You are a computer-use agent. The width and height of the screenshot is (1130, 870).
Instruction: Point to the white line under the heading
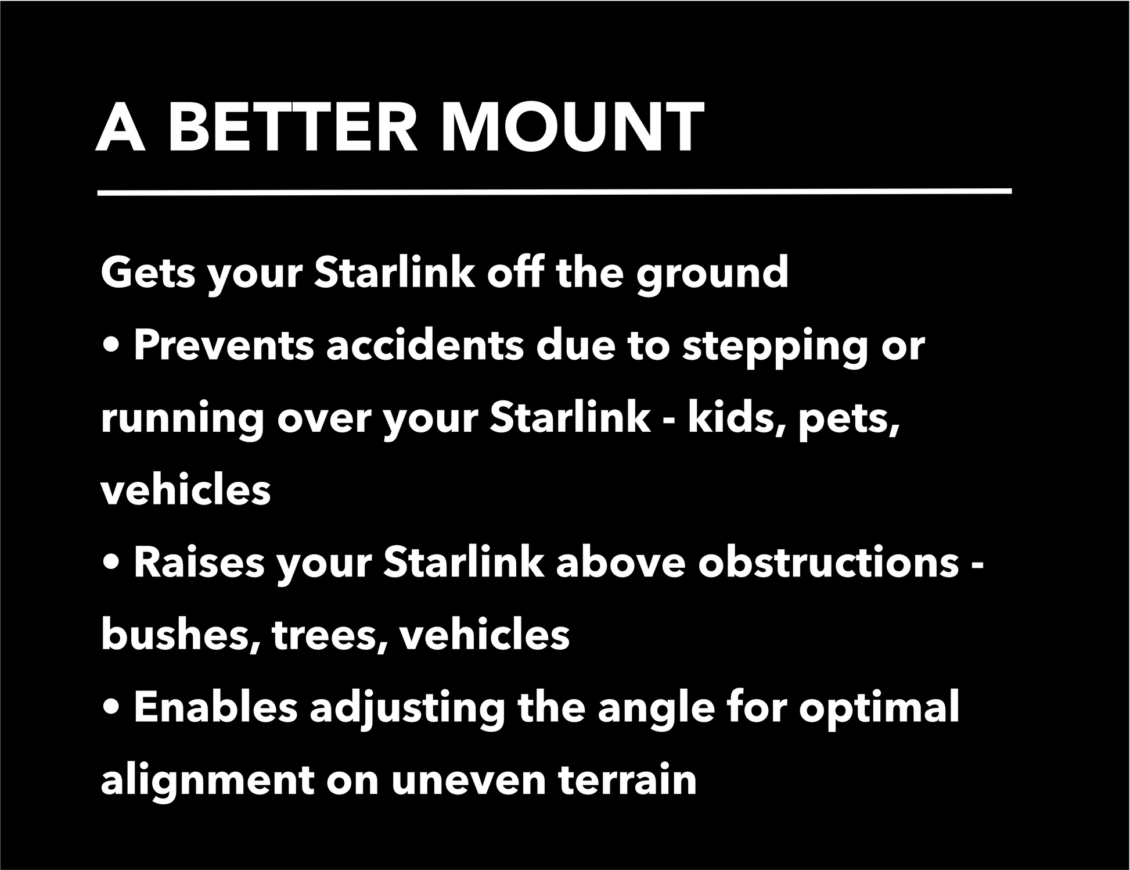555,192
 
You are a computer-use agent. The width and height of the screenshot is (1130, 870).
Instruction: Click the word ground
712,275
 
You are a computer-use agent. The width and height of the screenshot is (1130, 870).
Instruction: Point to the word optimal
879,710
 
